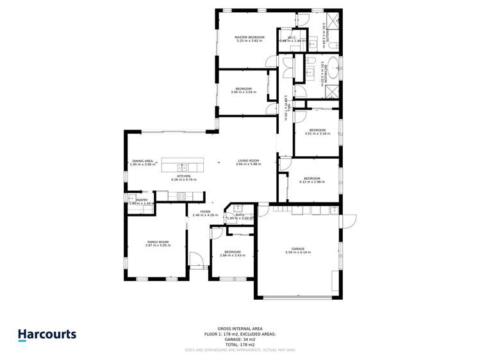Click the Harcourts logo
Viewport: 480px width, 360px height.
47,334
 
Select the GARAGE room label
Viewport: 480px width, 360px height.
298,249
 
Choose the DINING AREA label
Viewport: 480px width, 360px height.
142,161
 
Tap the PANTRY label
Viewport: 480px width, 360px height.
142,200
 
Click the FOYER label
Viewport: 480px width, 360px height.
205,211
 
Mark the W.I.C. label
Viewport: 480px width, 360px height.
292,38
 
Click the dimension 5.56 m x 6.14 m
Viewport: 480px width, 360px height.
298,252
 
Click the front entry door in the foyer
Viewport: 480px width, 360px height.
198,262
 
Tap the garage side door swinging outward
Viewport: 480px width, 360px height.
350,221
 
